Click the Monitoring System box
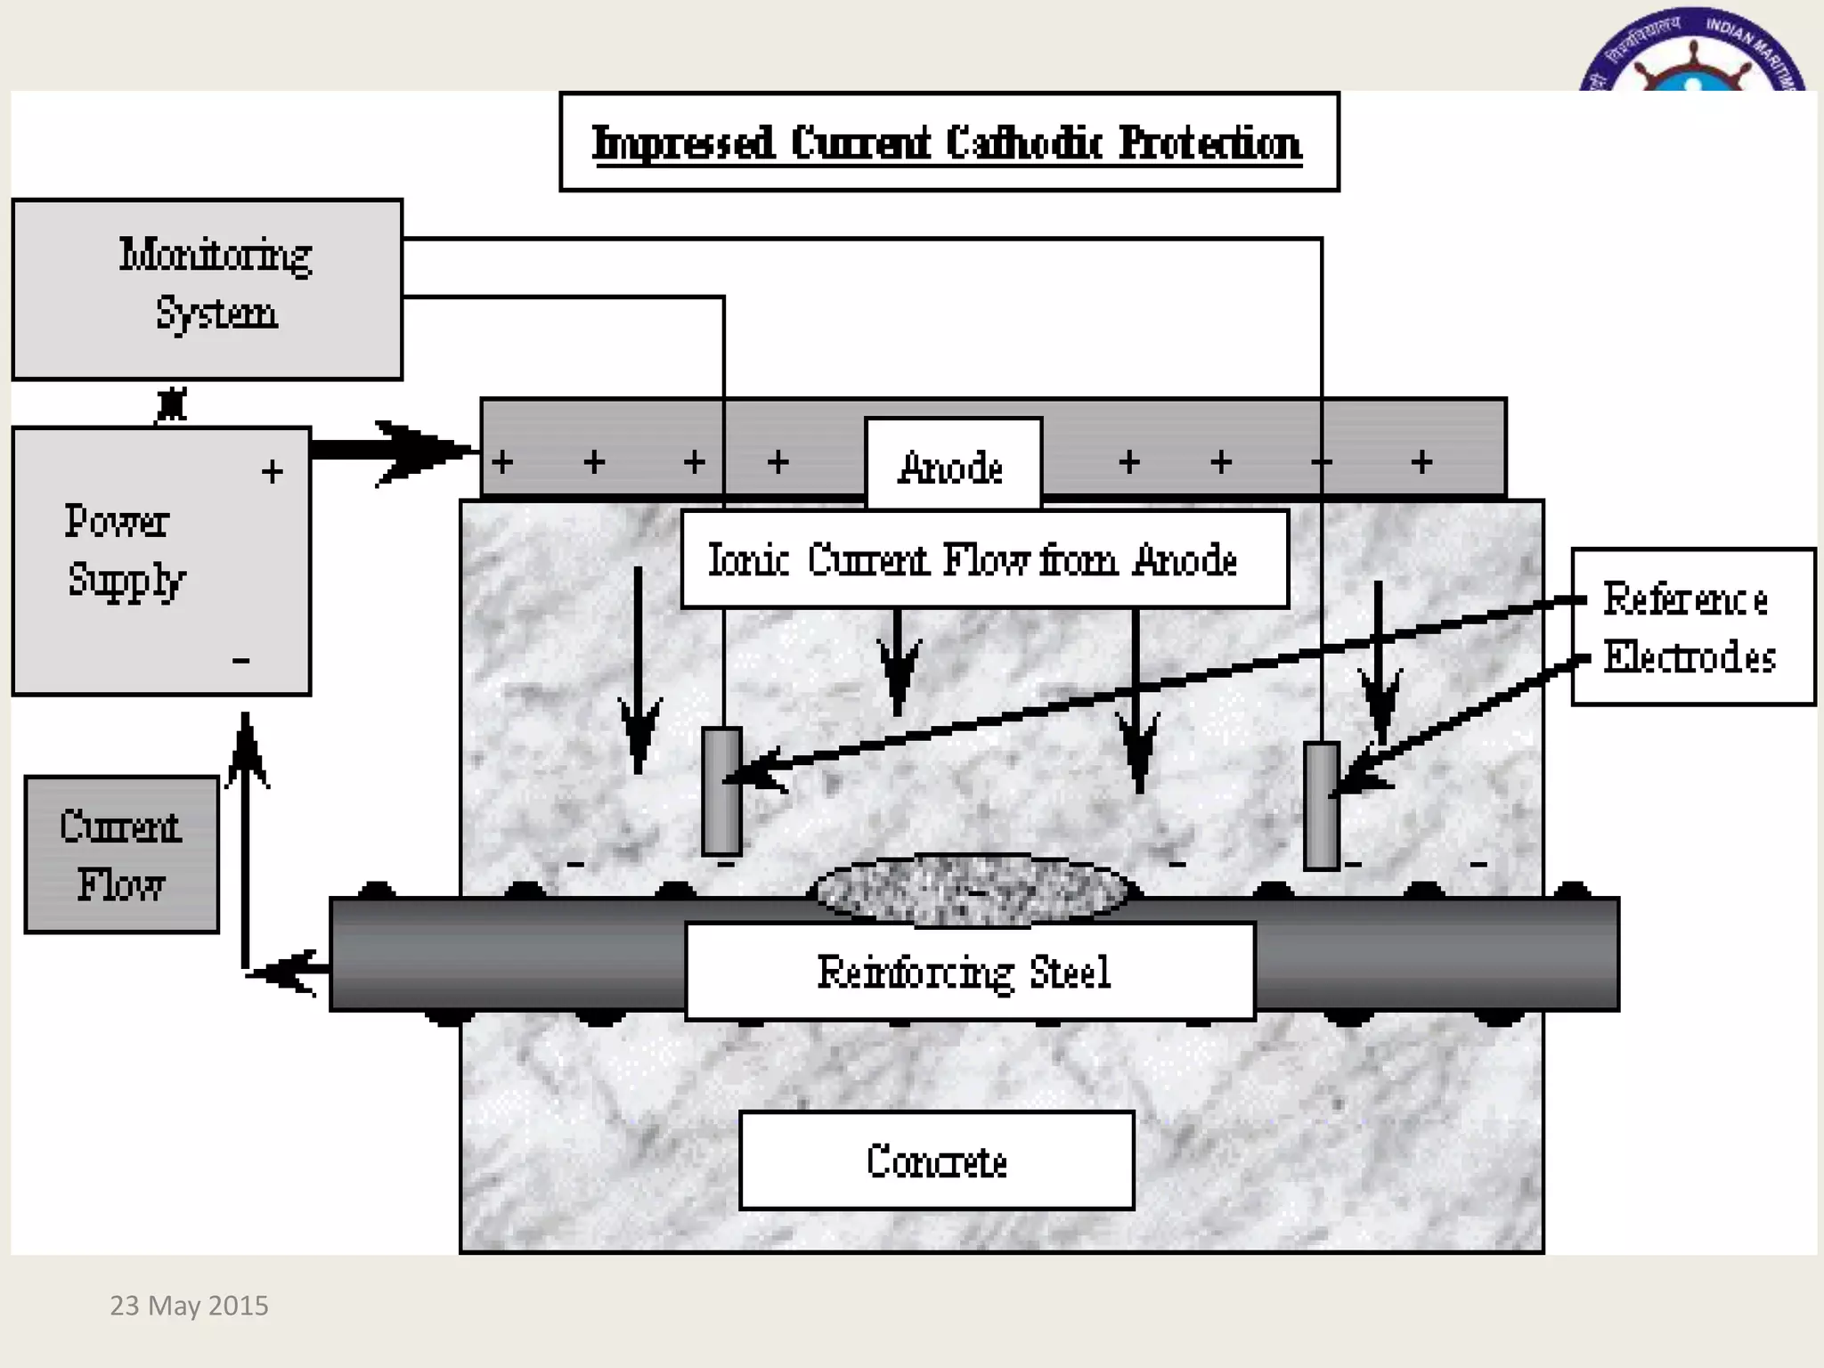coord(207,289)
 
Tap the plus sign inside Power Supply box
coord(273,471)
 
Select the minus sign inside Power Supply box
coord(240,660)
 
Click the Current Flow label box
coord(121,854)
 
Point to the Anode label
coord(952,467)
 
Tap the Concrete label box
coord(936,1160)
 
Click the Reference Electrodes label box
coord(1692,627)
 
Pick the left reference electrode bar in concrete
coord(721,792)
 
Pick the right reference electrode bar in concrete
coord(1321,805)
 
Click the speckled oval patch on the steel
coord(973,889)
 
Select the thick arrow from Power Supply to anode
coord(392,450)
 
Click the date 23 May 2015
coord(189,1305)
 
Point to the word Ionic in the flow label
coord(747,560)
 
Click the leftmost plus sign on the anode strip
coord(502,461)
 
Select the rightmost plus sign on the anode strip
coord(1421,461)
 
